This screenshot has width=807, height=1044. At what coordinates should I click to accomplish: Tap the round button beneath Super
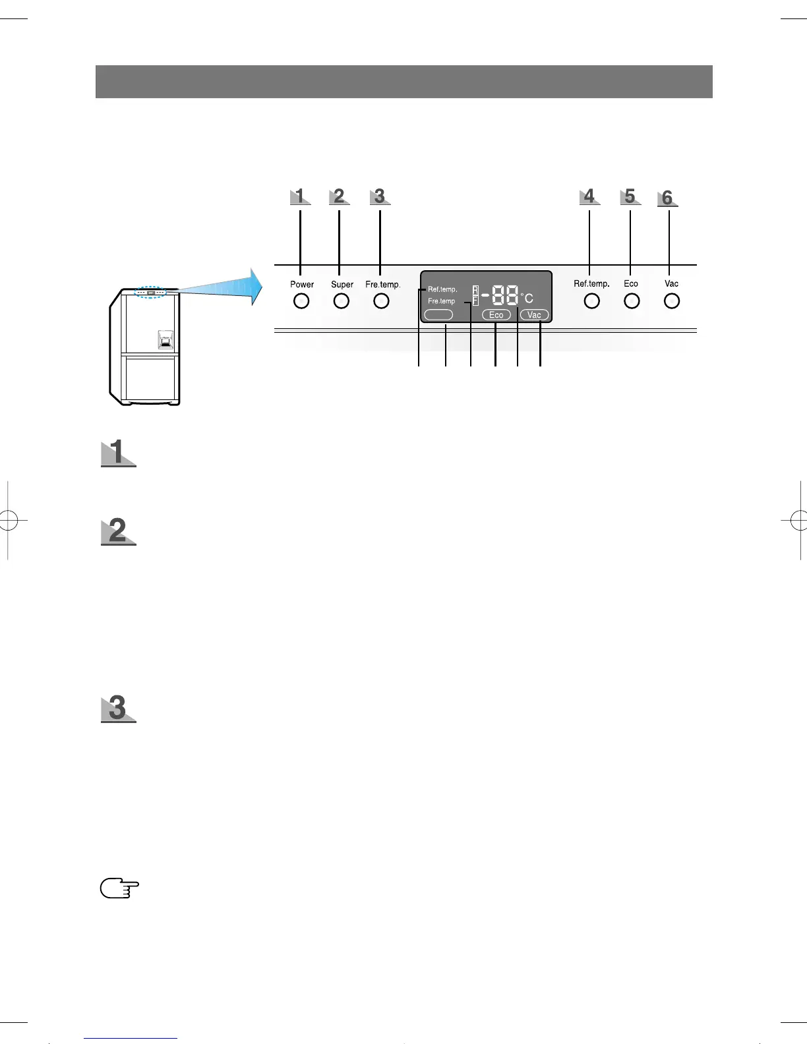pyautogui.click(x=341, y=301)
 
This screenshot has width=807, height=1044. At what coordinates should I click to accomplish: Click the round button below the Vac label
pyautogui.click(x=671, y=301)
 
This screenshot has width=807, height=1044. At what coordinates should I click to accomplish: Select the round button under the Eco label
pyautogui.click(x=632, y=301)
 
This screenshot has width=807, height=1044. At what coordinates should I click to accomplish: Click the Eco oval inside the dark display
pyautogui.click(x=496, y=315)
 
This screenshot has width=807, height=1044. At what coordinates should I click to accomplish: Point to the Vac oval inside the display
pyautogui.click(x=534, y=315)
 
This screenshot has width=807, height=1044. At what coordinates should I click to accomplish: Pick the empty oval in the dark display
pyautogui.click(x=438, y=315)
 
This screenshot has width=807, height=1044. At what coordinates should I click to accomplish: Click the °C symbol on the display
pyautogui.click(x=527, y=298)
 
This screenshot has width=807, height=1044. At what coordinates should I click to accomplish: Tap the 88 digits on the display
pyautogui.click(x=504, y=295)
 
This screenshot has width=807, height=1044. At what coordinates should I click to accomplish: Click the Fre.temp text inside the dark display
pyautogui.click(x=441, y=301)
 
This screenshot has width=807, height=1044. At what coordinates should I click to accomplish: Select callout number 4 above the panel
pyautogui.click(x=589, y=196)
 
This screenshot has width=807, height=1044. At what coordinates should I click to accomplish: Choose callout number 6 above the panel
pyautogui.click(x=667, y=198)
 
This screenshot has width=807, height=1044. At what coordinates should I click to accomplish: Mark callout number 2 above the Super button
pyautogui.click(x=339, y=196)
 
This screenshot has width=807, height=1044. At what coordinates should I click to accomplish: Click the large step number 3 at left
pyautogui.click(x=118, y=709)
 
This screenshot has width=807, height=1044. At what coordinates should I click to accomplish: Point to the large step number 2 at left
pyautogui.click(x=118, y=531)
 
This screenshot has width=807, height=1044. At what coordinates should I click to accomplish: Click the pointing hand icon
pyautogui.click(x=119, y=888)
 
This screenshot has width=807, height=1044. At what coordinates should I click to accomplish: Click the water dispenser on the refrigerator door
pyautogui.click(x=165, y=339)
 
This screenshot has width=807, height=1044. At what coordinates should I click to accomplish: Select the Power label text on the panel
pyautogui.click(x=302, y=285)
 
